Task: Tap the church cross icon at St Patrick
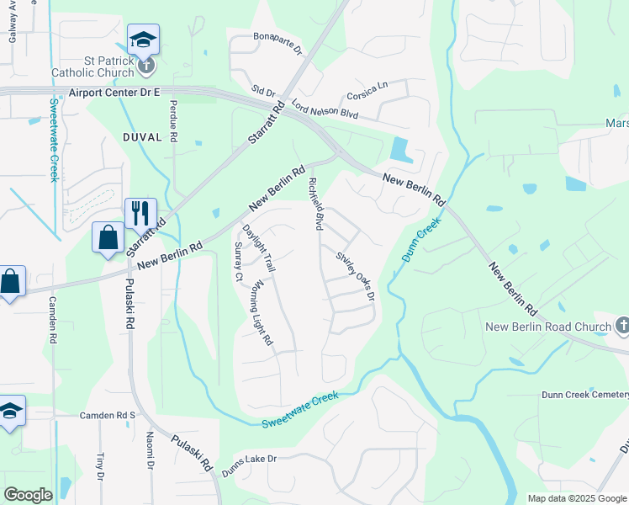[x=145, y=63]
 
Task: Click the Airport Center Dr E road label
[x=115, y=93]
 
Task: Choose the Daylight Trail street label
[x=258, y=248]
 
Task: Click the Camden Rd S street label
[x=108, y=415]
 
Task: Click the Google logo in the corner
[x=28, y=495]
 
